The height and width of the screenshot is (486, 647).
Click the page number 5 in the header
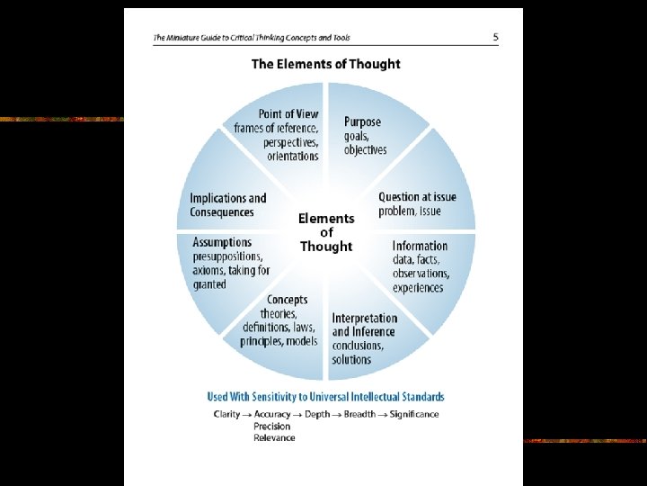[495, 37]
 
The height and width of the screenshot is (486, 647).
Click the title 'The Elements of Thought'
[325, 64]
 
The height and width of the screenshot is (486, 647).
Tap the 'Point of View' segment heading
[288, 114]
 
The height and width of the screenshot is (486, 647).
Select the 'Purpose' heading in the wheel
[362, 121]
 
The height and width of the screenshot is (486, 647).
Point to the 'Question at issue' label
[417, 197]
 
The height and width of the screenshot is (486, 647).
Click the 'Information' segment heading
[420, 246]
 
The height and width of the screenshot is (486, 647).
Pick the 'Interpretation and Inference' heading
[364, 324]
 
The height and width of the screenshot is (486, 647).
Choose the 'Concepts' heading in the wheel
[287, 300]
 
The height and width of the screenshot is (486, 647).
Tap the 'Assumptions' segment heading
[222, 242]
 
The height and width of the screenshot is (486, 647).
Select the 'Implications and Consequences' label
[228, 205]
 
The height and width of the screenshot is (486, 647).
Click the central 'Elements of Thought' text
[326, 232]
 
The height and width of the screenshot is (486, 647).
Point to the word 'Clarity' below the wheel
[226, 414]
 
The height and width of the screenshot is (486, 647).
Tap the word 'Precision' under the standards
[271, 426]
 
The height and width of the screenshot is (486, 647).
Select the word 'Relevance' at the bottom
[274, 437]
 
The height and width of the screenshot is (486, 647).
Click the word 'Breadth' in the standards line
[359, 414]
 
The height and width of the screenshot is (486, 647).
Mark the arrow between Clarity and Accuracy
[247, 414]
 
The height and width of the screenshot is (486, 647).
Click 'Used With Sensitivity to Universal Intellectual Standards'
[325, 397]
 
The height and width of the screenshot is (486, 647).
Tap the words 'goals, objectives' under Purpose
[365, 142]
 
